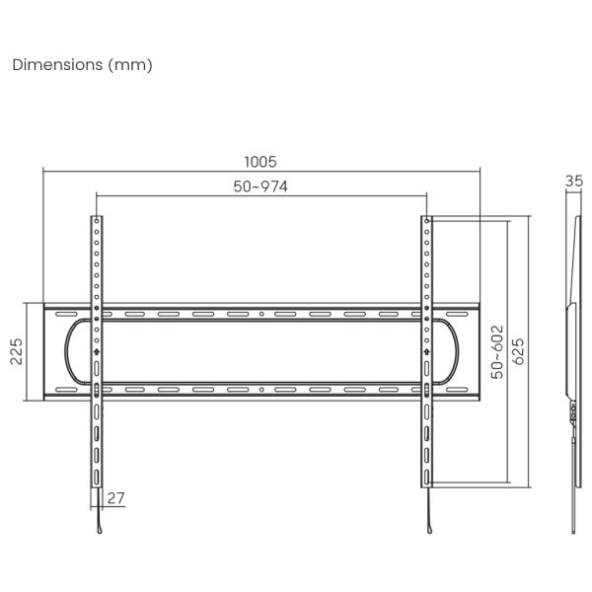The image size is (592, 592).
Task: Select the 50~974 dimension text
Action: point(260,186)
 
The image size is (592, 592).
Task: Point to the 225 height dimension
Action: point(17,351)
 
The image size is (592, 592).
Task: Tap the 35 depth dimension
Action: point(574,181)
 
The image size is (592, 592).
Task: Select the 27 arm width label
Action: point(117,499)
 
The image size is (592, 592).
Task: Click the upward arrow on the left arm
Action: point(96,350)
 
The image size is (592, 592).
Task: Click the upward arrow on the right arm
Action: point(426,350)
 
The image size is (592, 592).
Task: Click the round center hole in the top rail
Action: point(260,315)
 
